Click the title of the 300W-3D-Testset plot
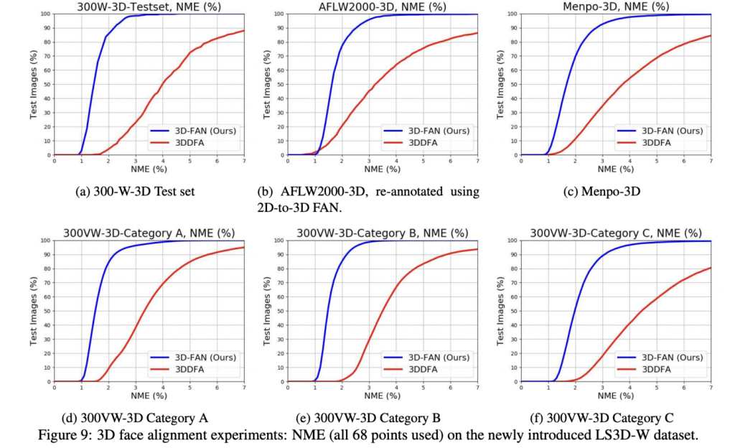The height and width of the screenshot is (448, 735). point(149,6)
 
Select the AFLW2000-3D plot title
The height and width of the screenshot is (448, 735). point(382,6)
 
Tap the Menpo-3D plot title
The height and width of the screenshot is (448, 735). point(616,6)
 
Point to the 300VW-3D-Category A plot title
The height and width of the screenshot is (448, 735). point(149,233)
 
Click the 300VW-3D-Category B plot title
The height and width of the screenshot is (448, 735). point(382,233)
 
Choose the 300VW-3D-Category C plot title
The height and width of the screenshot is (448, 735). point(616,233)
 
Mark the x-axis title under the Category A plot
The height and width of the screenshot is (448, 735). point(149,396)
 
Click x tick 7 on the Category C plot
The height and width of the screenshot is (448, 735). point(711,388)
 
